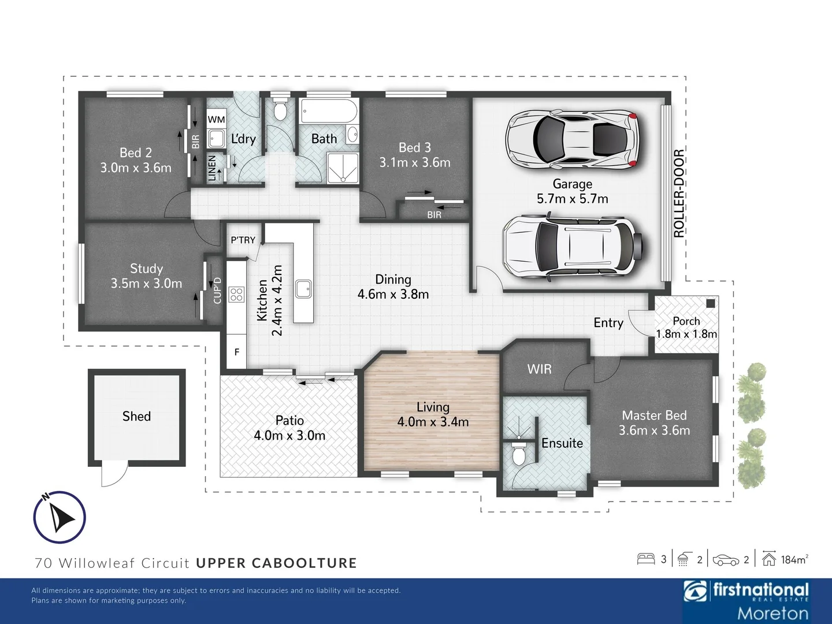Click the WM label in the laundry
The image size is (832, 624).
click(216, 120)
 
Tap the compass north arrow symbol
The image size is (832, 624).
click(60, 517)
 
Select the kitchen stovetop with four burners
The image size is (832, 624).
click(236, 295)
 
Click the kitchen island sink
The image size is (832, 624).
click(303, 289)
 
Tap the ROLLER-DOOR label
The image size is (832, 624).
click(679, 193)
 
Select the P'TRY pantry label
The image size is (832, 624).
click(243, 240)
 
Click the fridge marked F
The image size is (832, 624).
click(237, 352)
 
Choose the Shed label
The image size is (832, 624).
click(136, 417)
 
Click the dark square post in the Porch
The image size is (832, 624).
click(710, 303)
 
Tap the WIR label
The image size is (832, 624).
click(539, 369)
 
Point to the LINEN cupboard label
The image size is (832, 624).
click(212, 168)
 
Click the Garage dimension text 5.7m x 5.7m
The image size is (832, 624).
click(573, 199)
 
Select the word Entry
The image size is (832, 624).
click(608, 323)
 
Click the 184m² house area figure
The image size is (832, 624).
click(794, 559)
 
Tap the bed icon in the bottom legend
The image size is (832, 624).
click(646, 559)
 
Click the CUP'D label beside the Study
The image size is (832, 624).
click(217, 290)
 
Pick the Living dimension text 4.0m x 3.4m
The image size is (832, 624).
click(433, 422)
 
